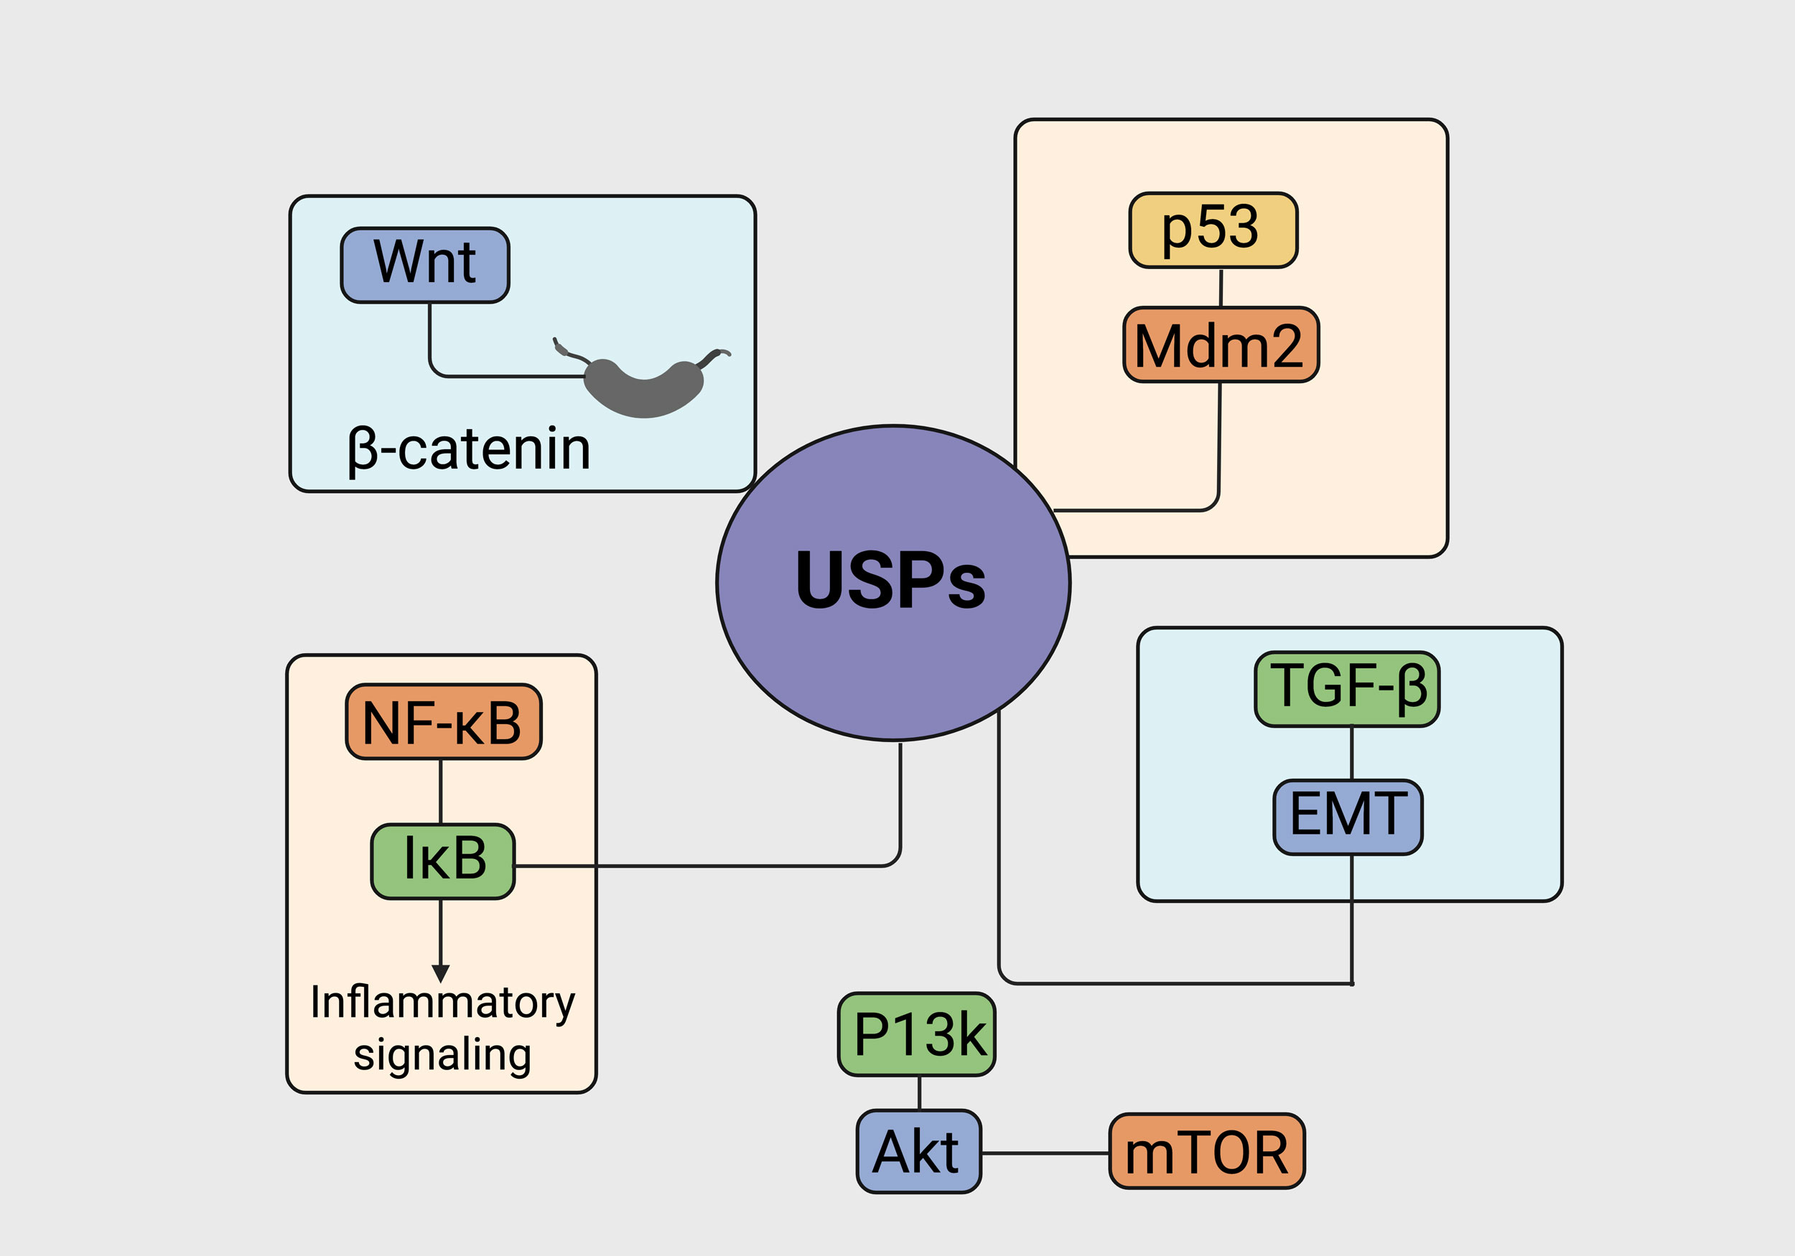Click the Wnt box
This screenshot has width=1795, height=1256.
click(x=424, y=265)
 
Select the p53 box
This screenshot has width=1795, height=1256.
click(x=1213, y=230)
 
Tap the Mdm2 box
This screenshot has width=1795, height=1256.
click(x=1221, y=345)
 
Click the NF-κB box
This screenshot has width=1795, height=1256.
click(x=443, y=721)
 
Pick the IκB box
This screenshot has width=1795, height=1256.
click(x=442, y=861)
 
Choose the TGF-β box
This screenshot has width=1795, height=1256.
click(x=1346, y=688)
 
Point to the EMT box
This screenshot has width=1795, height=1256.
click(x=1347, y=817)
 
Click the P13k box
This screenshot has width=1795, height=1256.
click(x=916, y=1034)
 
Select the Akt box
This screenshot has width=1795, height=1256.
click(x=918, y=1151)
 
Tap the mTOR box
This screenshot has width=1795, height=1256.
click(x=1206, y=1151)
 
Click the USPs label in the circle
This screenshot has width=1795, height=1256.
click(x=890, y=580)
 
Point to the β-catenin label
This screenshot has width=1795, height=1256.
click(x=469, y=450)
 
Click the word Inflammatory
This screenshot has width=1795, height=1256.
click(x=442, y=1003)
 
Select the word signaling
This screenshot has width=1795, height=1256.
click(x=442, y=1055)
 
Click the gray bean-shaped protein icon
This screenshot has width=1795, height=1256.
click(x=644, y=388)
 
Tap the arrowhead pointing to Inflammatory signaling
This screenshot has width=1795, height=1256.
click(x=441, y=973)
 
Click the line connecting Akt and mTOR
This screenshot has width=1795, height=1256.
click(x=1045, y=1153)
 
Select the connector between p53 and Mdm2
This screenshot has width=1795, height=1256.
click(x=1221, y=288)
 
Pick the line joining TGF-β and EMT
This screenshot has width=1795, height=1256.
click(x=1352, y=754)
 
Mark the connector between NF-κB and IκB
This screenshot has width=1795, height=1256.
click(x=441, y=791)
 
